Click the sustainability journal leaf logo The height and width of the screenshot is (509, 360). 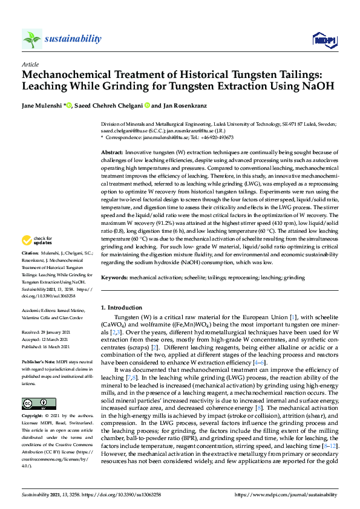[32, 39]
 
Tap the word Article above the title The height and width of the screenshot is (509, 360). [30, 63]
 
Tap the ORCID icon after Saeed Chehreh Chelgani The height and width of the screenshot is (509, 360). [146, 106]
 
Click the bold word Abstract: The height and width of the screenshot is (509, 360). [112, 152]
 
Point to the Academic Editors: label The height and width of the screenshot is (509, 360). [40, 309]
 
